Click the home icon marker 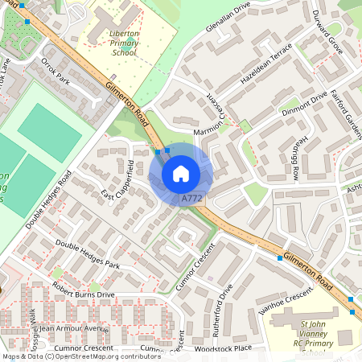coord(181,174)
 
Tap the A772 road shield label coord(191,198)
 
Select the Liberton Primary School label coord(124,43)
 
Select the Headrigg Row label coord(297,156)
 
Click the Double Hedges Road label coord(49,200)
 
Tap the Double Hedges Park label coord(88,253)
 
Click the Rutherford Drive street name coord(229,303)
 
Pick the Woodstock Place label coord(223,348)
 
